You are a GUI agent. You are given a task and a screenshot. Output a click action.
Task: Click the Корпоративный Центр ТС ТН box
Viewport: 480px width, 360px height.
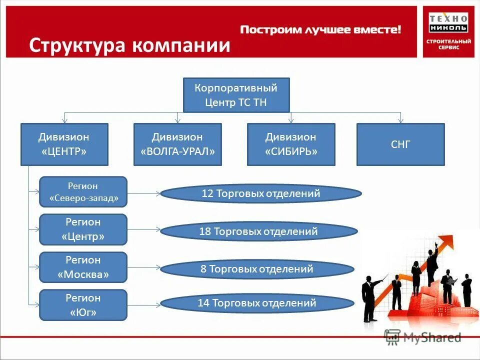[x=236, y=95]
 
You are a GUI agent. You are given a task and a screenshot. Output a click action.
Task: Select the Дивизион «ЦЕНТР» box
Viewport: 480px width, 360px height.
[x=64, y=144]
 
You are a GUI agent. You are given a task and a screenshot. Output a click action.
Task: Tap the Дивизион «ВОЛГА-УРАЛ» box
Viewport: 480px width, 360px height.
[x=177, y=144]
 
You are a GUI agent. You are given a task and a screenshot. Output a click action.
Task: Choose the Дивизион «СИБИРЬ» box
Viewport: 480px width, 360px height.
[x=291, y=144]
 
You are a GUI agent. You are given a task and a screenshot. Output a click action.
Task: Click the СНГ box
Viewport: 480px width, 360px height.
[x=400, y=144]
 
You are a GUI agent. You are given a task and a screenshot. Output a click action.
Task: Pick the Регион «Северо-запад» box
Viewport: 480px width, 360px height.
[x=83, y=191]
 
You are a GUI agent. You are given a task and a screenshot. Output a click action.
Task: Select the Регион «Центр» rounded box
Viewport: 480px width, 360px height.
[x=83, y=229]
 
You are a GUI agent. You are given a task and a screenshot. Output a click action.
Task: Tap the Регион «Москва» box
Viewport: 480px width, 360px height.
[x=83, y=267]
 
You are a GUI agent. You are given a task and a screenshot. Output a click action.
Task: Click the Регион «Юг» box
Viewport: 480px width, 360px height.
[x=83, y=305]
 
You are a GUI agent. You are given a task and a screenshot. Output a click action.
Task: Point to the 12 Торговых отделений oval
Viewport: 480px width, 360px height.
[x=260, y=193]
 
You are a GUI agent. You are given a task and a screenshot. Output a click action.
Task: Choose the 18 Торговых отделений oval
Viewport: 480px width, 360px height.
[x=258, y=231]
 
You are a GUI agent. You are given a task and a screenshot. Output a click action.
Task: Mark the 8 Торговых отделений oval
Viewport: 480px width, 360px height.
[x=257, y=269]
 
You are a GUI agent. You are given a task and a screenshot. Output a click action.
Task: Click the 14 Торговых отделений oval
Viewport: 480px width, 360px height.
[x=257, y=302]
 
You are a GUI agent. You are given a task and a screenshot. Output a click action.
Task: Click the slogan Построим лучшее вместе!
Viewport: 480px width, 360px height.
[x=320, y=30]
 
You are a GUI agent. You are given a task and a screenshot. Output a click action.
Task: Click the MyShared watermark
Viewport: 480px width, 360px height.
[x=422, y=338]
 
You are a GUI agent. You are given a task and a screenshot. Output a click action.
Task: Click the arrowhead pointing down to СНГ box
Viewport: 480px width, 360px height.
[x=400, y=120]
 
